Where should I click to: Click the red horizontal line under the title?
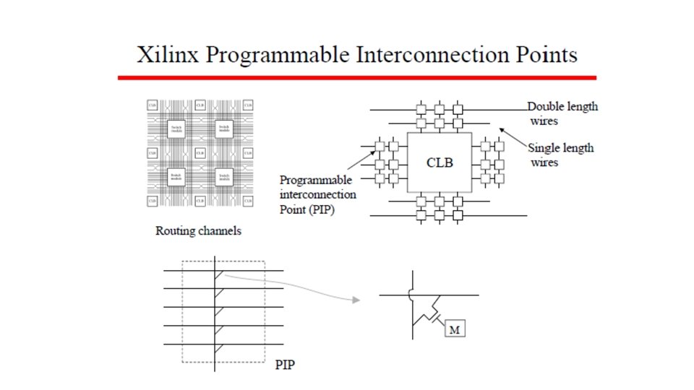point(357,77)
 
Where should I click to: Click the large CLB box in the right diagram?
point(440,162)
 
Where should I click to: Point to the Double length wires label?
point(562,113)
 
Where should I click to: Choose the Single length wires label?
point(560,155)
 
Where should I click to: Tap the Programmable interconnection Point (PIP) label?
point(317,194)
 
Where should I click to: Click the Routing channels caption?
point(199,232)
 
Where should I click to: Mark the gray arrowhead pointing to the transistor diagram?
point(355,299)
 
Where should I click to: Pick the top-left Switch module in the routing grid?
point(175,129)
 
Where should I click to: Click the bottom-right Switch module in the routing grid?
point(223,176)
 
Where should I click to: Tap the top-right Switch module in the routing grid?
point(223,129)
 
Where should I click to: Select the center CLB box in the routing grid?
point(200,153)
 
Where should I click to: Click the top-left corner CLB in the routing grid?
point(152,105)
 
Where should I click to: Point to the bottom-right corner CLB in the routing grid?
point(248,200)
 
